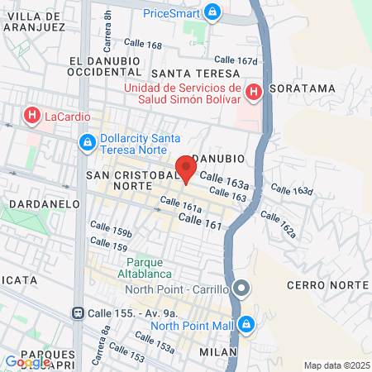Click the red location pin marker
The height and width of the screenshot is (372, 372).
pos(186,169)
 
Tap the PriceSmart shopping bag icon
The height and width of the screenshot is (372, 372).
pos(213,12)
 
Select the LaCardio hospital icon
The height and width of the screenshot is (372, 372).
pos(32,114)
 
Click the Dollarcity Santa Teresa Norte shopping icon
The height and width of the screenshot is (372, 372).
pos(87,143)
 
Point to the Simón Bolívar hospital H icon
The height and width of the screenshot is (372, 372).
pos(255,92)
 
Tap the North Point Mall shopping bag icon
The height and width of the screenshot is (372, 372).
pos(246,324)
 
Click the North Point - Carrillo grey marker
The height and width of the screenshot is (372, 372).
pos(241,289)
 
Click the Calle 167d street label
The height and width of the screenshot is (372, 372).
pos(236,59)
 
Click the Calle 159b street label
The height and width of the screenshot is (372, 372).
pos(111,231)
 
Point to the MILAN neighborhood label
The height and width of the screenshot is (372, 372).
pos(218,352)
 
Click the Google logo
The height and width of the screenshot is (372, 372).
pos(27,361)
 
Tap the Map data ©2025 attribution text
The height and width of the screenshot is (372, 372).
pos(336,365)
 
